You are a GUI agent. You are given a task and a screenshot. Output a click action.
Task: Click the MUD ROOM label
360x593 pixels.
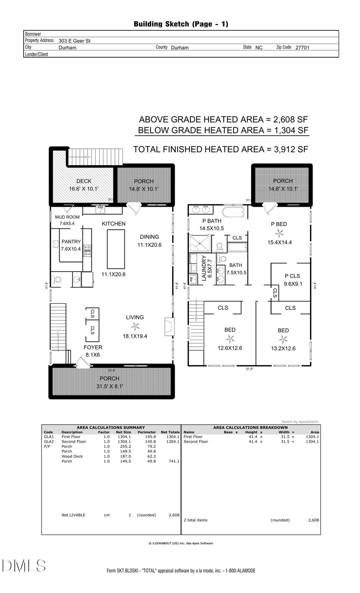(67, 217)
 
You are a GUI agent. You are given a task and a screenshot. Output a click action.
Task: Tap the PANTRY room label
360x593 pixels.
(71, 242)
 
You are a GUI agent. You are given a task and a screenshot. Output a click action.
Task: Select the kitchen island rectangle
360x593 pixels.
(116, 249)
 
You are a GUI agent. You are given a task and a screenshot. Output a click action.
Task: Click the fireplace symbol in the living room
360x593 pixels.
(169, 326)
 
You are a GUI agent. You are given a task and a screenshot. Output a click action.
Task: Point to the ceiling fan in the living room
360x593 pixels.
(135, 326)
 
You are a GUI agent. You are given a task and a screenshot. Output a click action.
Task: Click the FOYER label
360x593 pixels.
(93, 347)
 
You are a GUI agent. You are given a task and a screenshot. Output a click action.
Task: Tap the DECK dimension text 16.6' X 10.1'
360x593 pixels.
(84, 189)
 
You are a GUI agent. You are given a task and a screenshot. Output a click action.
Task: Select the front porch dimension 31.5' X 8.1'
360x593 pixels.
(110, 386)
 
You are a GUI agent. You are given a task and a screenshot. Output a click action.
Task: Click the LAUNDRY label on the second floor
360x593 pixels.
(204, 268)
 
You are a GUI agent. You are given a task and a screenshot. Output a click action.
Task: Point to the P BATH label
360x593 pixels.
(212, 221)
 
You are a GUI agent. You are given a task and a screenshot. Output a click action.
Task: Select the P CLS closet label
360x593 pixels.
(292, 276)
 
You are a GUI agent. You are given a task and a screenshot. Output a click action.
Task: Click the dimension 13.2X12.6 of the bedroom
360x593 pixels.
(283, 348)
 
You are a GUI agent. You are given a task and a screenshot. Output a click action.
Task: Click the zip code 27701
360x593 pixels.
(302, 47)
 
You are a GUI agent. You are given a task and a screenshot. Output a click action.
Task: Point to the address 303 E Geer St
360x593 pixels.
(74, 41)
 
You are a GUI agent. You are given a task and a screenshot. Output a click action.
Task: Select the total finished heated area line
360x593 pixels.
(220, 149)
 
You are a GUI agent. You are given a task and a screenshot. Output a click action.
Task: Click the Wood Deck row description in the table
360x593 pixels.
(72, 456)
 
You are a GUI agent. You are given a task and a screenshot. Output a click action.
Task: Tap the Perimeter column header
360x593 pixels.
(146, 432)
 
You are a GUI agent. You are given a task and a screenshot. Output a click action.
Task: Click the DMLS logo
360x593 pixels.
(24, 566)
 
